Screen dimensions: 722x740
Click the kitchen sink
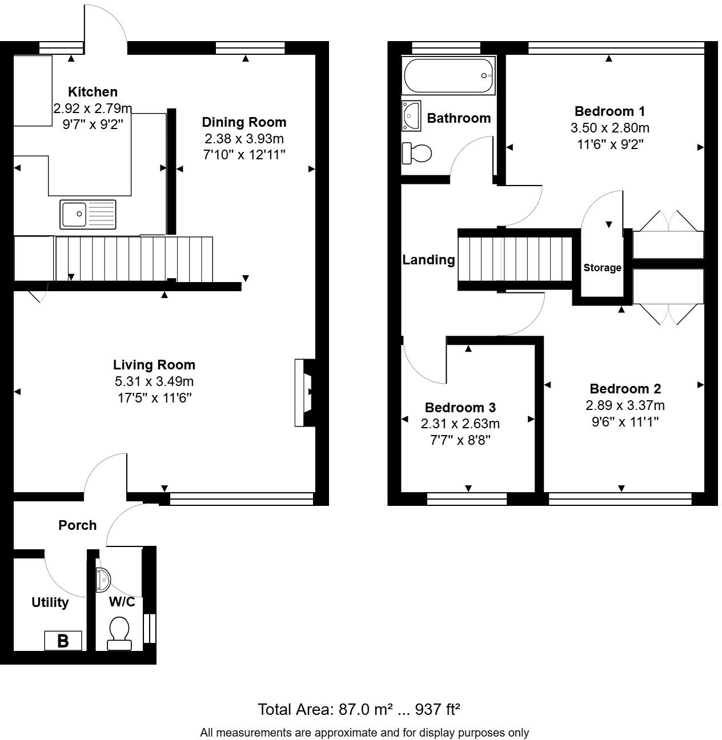(88, 215)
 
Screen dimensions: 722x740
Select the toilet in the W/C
(119, 633)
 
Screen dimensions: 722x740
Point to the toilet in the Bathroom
(416, 153)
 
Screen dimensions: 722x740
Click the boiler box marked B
(63, 641)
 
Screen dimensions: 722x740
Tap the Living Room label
(154, 365)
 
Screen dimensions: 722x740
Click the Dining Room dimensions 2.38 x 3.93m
(244, 139)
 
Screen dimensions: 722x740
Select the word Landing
(429, 260)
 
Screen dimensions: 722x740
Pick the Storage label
(602, 268)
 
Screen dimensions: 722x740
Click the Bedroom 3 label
(460, 407)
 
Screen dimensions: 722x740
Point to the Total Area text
(359, 709)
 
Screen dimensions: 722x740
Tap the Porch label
(78, 525)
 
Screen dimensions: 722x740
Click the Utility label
(50, 602)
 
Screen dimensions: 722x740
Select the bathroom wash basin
(411, 115)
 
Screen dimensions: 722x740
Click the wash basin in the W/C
(103, 580)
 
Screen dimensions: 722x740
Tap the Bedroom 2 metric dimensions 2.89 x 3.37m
(625, 405)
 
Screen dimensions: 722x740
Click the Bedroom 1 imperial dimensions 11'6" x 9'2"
(610, 144)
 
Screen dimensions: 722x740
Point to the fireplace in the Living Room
(305, 392)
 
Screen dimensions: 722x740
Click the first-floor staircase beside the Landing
(515, 259)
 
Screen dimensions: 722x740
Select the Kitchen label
(93, 92)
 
